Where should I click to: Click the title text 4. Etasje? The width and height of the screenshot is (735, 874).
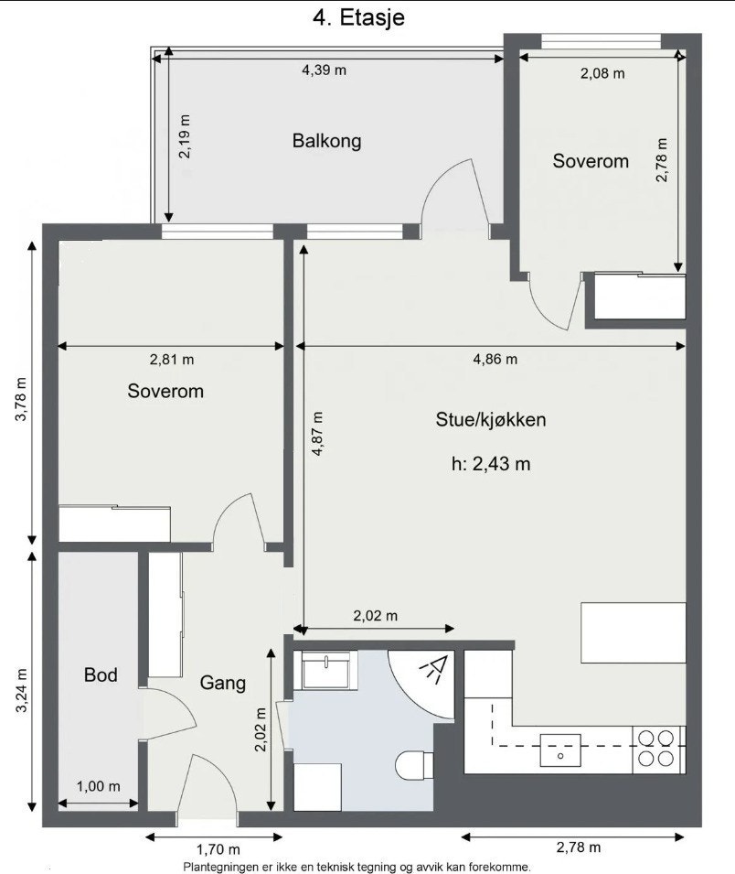tap(359, 16)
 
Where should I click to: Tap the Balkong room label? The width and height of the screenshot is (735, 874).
tap(326, 141)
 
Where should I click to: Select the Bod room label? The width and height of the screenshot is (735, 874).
tap(101, 675)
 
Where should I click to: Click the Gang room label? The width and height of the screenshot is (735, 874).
tap(223, 682)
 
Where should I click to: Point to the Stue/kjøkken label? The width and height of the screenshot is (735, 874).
tap(491, 420)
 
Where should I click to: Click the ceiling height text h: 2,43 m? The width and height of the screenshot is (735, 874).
tap(491, 464)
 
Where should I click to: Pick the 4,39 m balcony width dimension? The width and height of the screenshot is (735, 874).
tap(324, 70)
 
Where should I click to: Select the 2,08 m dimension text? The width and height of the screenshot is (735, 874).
tap(602, 73)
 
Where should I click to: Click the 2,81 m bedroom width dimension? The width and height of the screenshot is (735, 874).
tap(171, 359)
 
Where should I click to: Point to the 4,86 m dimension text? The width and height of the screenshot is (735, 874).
tap(495, 359)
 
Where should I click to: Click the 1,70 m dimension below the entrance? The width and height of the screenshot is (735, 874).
tap(218, 849)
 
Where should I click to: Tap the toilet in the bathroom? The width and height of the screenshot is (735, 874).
tap(416, 763)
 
